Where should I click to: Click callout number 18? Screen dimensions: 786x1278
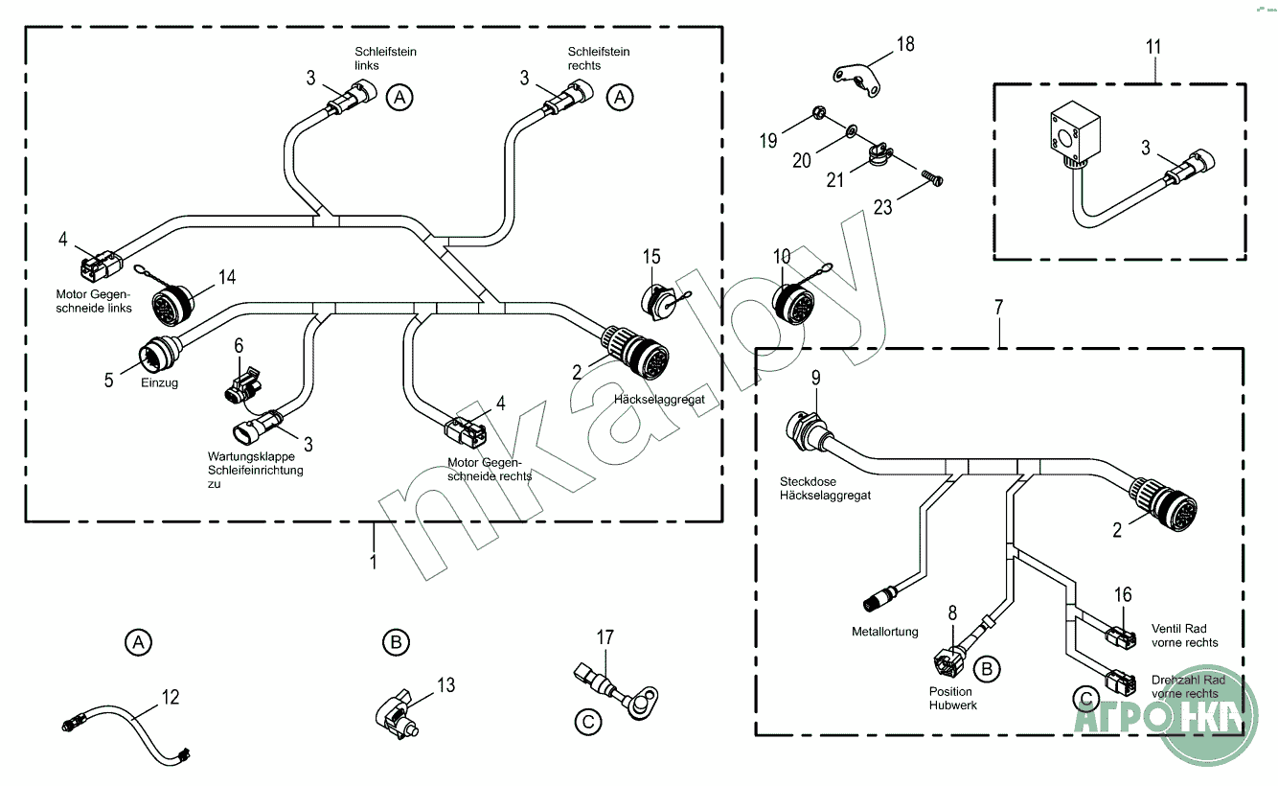click(x=905, y=43)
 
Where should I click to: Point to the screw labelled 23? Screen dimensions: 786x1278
click(x=931, y=176)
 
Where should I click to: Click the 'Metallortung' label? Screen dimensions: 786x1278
click(x=884, y=632)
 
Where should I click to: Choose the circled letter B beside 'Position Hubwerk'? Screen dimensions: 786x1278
click(x=990, y=665)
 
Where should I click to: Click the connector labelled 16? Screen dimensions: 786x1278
click(x=1121, y=634)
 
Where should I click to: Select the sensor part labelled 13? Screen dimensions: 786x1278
click(x=397, y=714)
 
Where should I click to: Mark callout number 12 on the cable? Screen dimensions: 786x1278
click(x=171, y=697)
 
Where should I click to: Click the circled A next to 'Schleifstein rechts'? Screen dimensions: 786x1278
click(x=622, y=97)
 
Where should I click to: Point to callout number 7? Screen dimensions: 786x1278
click(x=999, y=308)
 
